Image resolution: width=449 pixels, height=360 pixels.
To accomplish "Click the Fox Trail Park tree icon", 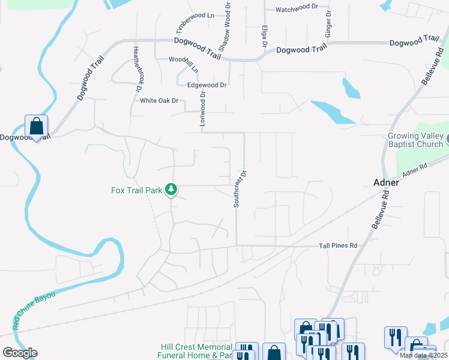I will (x=172, y=190).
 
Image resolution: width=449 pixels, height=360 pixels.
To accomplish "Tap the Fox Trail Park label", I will (x=137, y=191).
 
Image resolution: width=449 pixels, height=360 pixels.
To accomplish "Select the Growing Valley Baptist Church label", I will (x=415, y=140).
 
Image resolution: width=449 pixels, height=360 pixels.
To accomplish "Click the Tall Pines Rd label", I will (x=338, y=246).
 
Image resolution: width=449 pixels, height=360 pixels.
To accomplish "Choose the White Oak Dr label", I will (x=159, y=101).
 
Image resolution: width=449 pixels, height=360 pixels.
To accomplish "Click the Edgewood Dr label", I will (x=206, y=85).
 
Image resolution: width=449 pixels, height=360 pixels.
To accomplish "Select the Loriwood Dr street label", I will (x=202, y=109).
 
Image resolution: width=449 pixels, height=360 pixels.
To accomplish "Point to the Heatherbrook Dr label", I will (x=137, y=69).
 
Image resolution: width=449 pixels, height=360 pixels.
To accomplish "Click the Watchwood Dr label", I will (x=297, y=10).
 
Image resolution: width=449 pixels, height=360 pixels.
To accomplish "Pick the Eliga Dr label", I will (x=264, y=37).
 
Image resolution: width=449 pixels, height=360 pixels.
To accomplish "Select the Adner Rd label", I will (x=418, y=172).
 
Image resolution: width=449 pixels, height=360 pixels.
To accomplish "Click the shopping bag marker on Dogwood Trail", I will (x=36, y=127).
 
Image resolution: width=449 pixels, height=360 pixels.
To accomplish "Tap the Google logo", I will (x=20, y=353).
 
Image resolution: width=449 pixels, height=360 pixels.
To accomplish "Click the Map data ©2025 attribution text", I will (x=423, y=355).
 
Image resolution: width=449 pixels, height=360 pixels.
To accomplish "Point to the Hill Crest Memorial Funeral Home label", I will (x=196, y=352).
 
